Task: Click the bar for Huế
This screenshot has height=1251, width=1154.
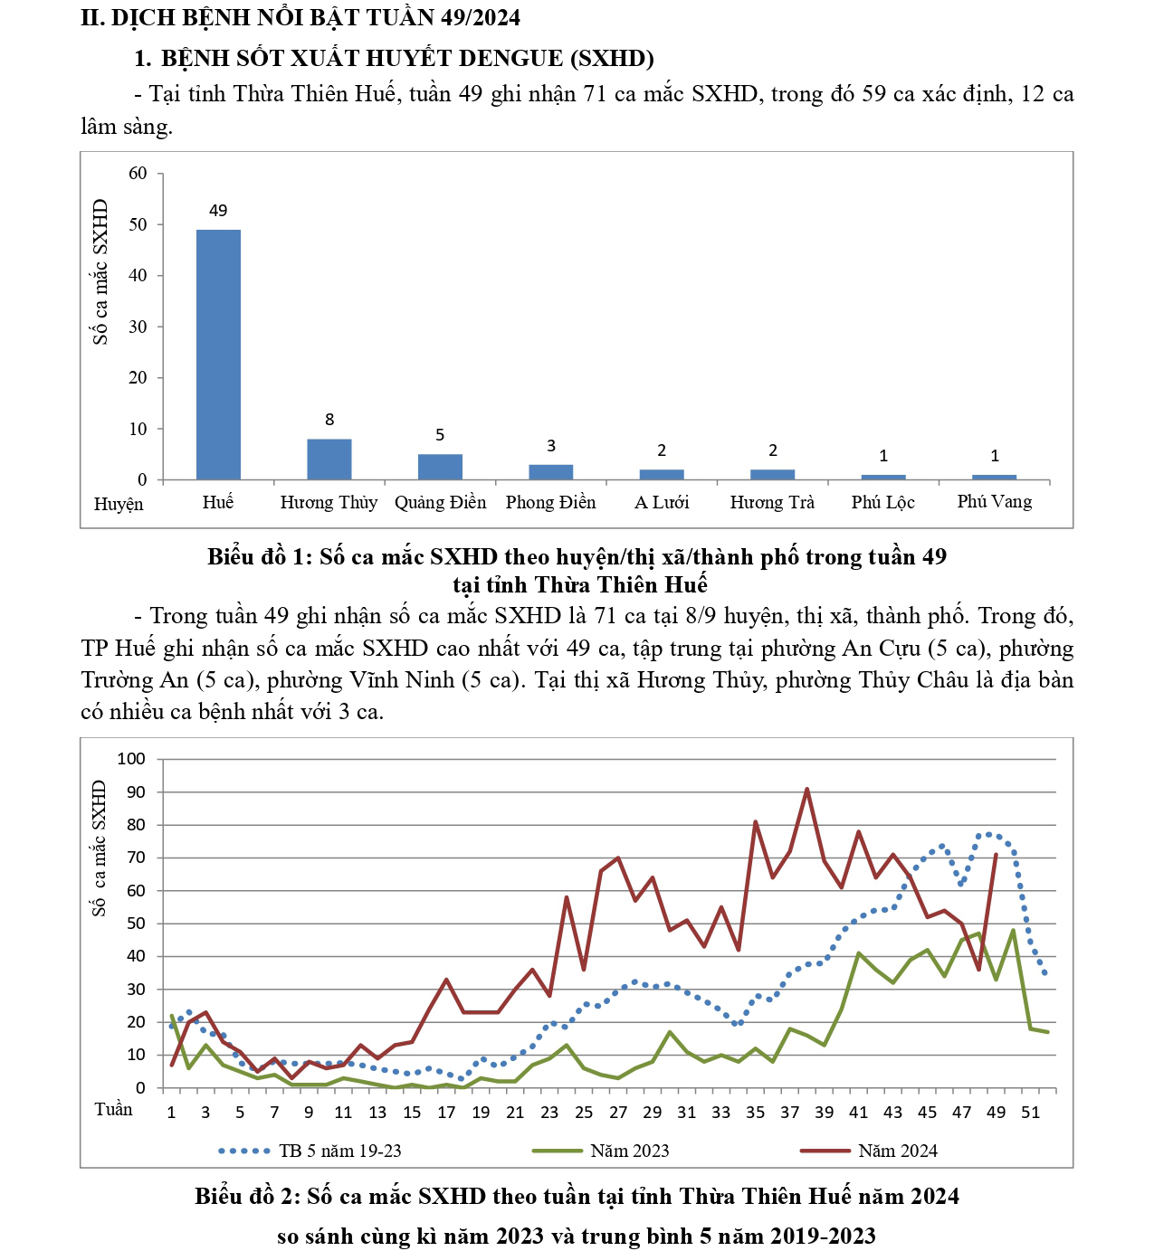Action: point(218,355)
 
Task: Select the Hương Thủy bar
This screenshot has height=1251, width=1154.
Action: point(329,460)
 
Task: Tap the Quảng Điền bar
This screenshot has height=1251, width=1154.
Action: point(440,467)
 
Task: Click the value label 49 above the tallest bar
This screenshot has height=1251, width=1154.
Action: point(218,211)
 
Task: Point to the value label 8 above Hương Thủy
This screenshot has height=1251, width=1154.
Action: point(329,420)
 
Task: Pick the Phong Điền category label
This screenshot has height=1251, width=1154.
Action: point(550,502)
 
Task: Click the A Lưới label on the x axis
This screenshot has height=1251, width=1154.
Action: point(662,502)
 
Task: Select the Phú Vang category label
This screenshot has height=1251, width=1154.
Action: point(994,501)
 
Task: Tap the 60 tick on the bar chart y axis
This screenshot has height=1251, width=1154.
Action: point(138,174)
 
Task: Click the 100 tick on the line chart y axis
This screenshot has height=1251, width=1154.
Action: point(131,759)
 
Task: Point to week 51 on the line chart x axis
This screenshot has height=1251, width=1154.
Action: point(1030,1113)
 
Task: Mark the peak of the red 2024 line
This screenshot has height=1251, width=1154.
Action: point(806,789)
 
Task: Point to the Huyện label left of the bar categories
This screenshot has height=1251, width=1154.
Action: point(119,504)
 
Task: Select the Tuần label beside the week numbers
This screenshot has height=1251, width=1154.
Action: point(113,1110)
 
